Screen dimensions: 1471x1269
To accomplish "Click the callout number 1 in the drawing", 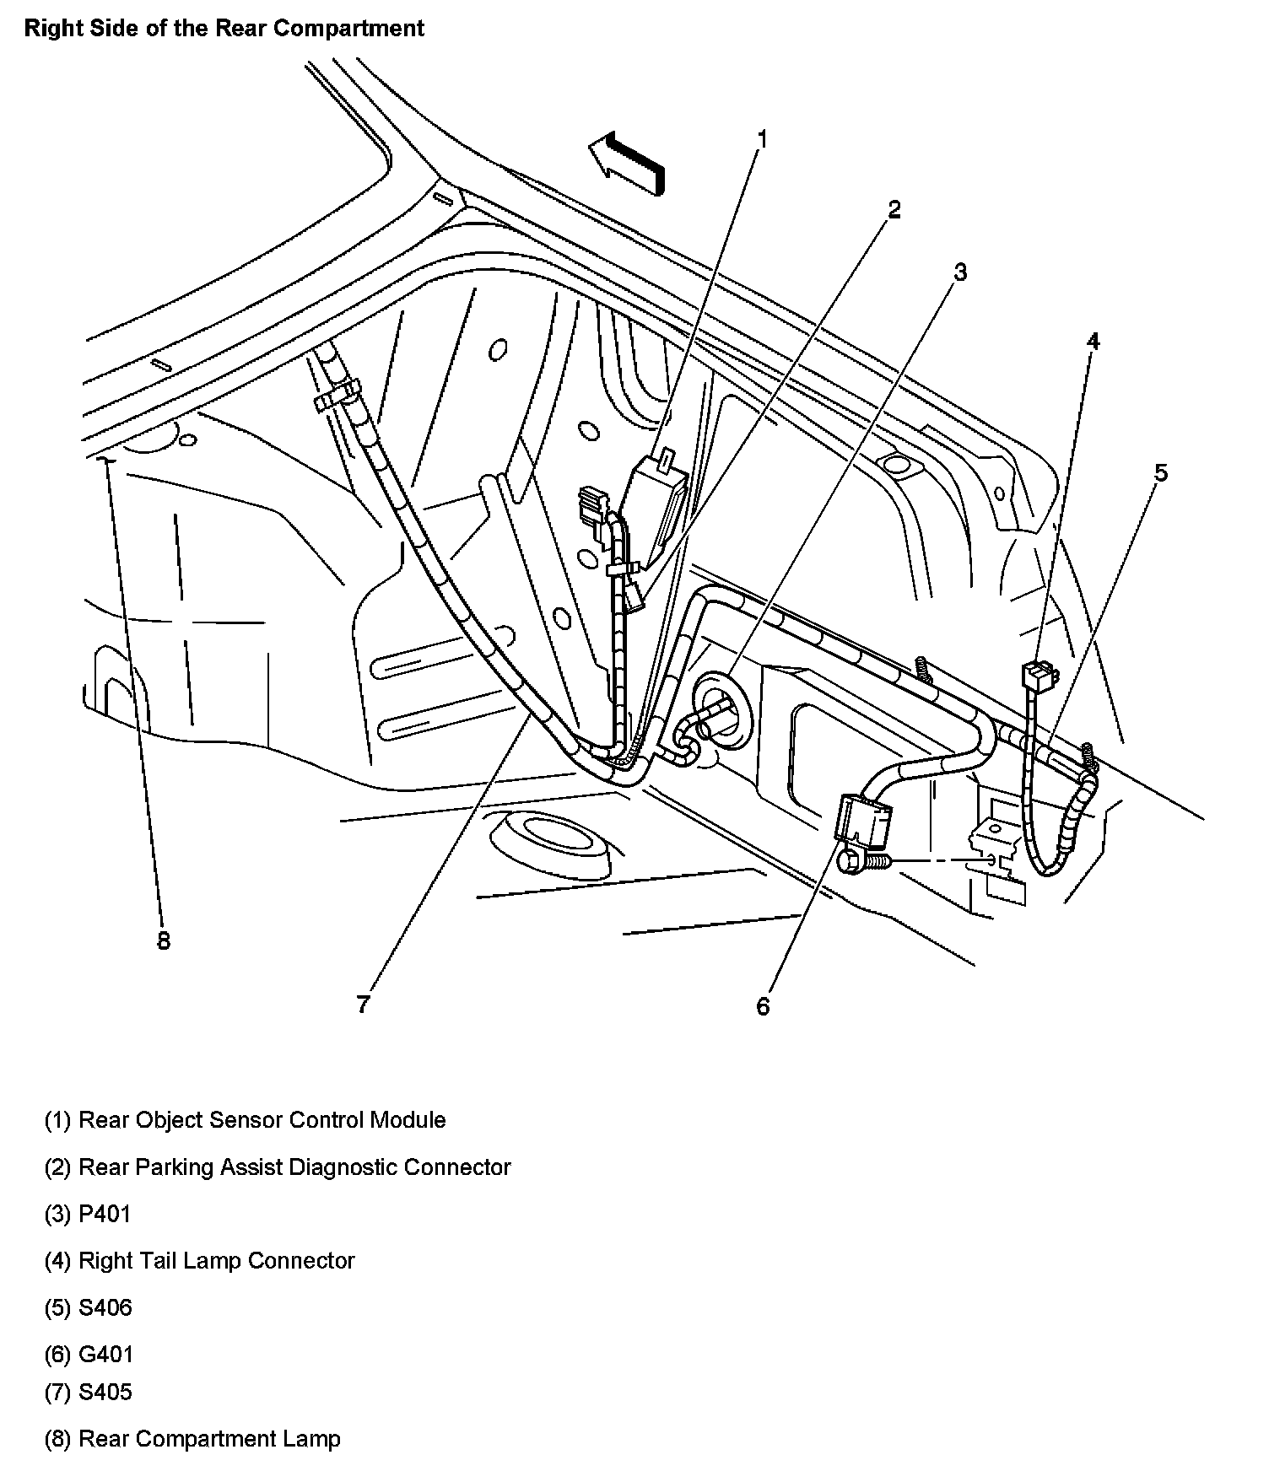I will [762, 138].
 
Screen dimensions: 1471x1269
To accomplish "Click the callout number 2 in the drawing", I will [894, 209].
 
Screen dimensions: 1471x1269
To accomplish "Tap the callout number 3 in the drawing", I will [959, 272].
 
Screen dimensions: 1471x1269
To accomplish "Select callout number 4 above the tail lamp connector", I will [1093, 341].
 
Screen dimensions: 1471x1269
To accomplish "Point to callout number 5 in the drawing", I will [1161, 473].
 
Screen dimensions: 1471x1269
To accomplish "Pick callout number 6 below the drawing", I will [763, 1006].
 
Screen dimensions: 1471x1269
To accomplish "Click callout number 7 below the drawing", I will [363, 1005].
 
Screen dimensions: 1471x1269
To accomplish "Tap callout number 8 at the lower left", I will [164, 941].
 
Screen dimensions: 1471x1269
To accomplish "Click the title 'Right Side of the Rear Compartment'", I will [224, 28].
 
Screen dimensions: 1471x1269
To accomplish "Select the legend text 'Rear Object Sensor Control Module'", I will [262, 1120].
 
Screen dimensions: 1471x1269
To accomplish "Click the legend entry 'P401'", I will [104, 1214].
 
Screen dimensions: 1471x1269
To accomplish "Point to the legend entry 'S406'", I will [105, 1307].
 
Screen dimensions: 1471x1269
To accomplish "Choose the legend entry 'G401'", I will [105, 1355].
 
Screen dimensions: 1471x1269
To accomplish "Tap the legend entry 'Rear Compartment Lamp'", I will [209, 1438].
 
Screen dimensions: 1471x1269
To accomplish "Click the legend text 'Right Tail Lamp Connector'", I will [216, 1260].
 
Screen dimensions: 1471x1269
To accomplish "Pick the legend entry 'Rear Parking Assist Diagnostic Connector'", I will [294, 1167].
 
